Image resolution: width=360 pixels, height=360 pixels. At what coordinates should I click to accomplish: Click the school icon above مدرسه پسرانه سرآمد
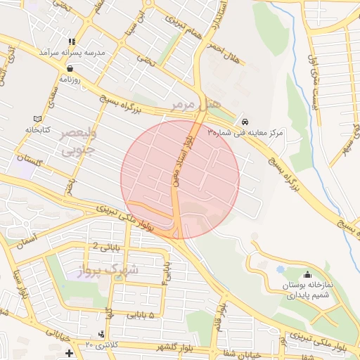(71, 41)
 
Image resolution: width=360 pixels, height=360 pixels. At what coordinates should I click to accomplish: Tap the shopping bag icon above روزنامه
(71, 69)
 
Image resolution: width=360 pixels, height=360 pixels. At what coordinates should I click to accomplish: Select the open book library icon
(37, 119)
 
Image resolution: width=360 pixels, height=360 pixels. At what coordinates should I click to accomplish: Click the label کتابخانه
(39, 130)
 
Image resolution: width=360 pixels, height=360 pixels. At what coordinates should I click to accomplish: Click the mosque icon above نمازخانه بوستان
(307, 275)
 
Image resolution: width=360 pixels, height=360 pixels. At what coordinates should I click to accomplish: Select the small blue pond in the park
(281, 269)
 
